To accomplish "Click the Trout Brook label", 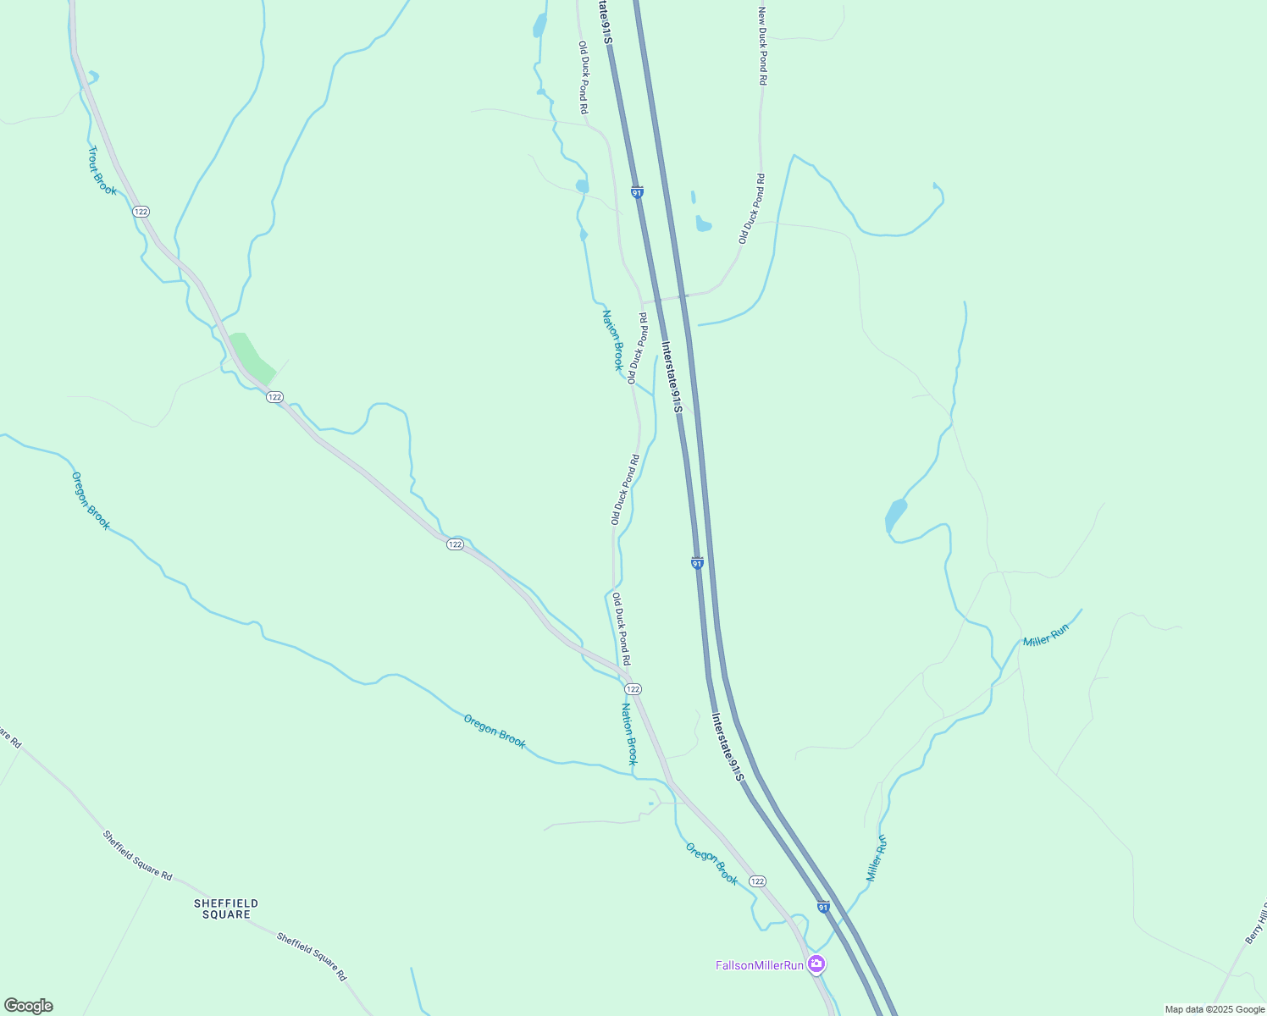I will click(x=102, y=171).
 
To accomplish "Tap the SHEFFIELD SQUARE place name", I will click(x=226, y=909).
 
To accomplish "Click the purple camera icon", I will click(x=816, y=964).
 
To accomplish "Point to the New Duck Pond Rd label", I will click(x=762, y=46).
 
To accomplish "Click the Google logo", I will click(x=28, y=1006).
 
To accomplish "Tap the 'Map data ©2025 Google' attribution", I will click(x=1214, y=1009).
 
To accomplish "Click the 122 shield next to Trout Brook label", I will click(x=141, y=211).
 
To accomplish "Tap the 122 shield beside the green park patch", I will click(x=274, y=397).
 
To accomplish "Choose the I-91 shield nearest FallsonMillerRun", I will click(x=823, y=908).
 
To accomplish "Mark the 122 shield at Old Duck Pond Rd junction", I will click(x=633, y=689).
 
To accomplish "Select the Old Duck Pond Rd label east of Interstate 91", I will click(x=752, y=208).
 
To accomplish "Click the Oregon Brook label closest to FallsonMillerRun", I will click(x=711, y=864).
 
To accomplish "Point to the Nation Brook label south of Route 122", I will click(x=629, y=734).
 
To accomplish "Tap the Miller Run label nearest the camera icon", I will click(x=877, y=858).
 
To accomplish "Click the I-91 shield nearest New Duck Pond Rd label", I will click(x=637, y=192).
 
